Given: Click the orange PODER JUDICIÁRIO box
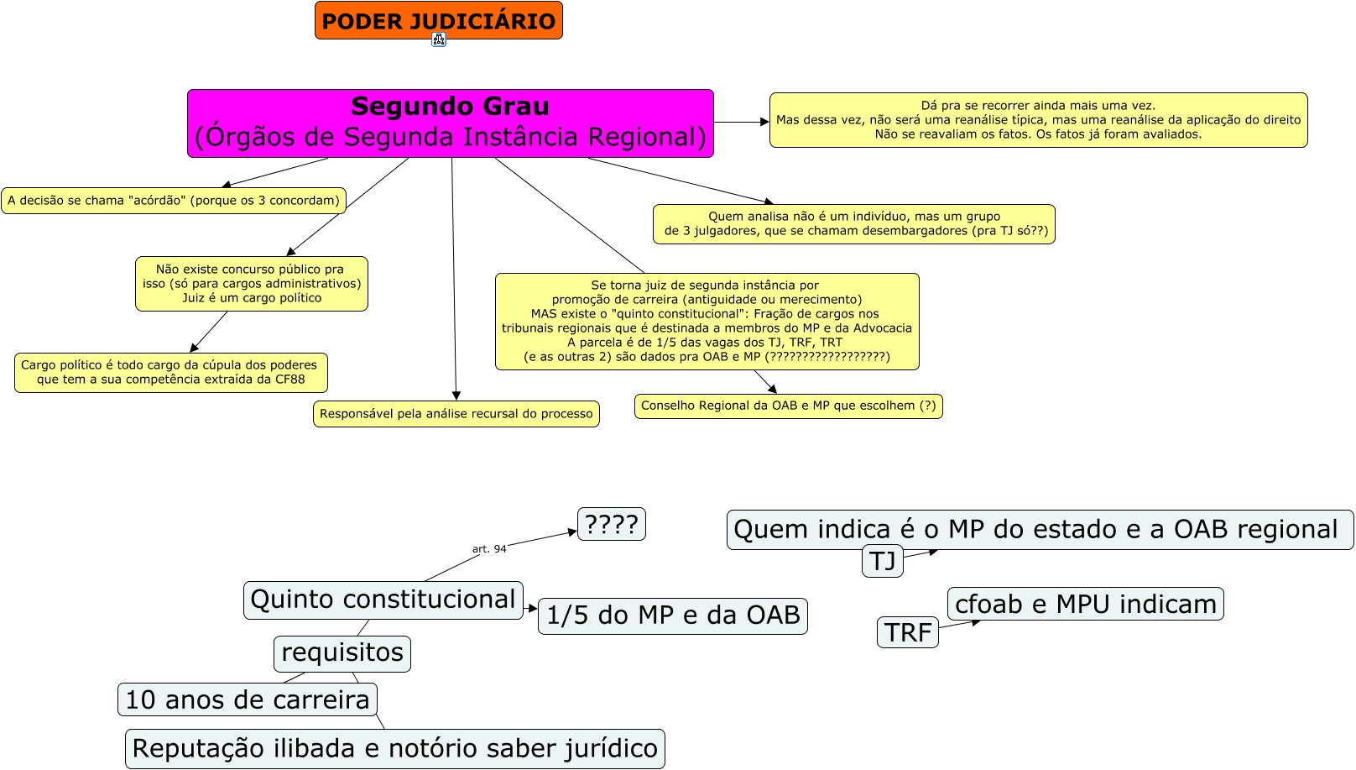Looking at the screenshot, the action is pos(438,20).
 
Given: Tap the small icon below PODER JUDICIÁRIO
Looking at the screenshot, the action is pos(439,39).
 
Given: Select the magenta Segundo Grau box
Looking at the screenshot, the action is pos(450,123).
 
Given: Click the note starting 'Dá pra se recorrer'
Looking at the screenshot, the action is pos(1038,120).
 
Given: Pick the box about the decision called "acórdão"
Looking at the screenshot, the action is pos(174,201).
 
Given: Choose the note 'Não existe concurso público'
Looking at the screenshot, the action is pos(252,284).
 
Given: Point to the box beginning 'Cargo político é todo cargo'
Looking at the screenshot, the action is pos(170,372).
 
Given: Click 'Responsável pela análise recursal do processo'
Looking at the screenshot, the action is pos(456,414).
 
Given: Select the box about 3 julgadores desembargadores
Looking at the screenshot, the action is pos(853,224).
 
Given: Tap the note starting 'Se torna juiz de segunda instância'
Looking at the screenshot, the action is pos(707,322).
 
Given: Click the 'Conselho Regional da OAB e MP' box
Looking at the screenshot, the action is pos(788,406).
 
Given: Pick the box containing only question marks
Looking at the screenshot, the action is pos(611,524).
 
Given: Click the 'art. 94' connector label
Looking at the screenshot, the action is pos(489,549).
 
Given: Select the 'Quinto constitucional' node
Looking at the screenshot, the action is pos(383,600).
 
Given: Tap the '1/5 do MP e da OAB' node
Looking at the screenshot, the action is pos(672,615).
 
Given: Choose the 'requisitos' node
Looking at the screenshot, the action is pos(342,653).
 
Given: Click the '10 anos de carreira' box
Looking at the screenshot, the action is pos(247,699).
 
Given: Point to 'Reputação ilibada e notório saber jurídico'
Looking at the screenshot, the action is pos(394,748).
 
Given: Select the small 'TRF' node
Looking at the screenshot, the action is pos(907,632).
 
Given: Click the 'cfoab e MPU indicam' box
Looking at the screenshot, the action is pos(1085,604).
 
